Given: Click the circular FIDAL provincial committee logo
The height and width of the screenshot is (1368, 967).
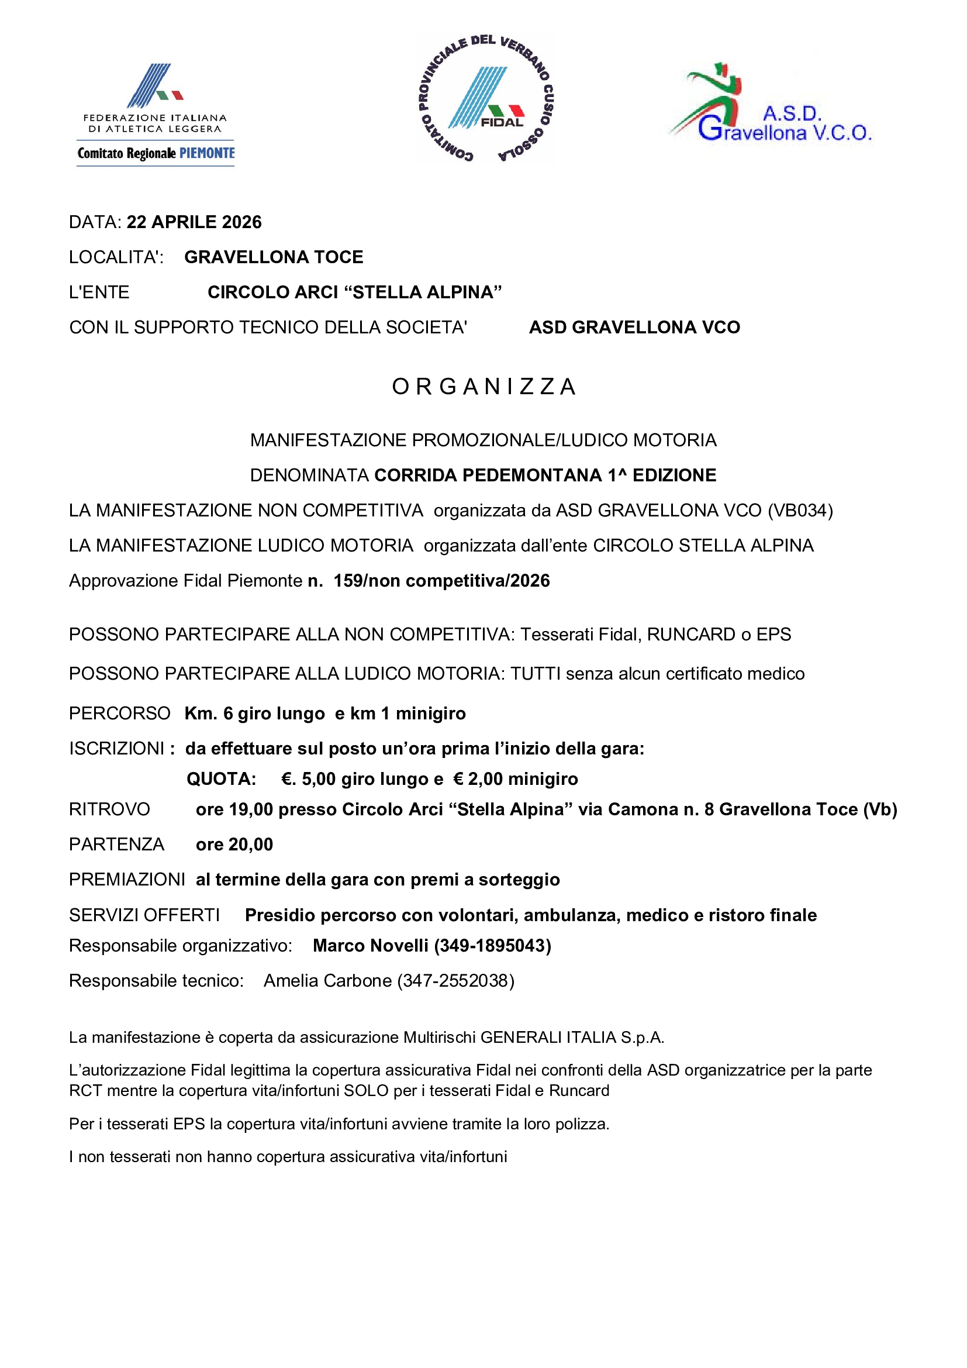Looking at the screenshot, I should pyautogui.click(x=485, y=99).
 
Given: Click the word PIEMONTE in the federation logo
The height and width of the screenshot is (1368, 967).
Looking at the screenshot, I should pyautogui.click(x=207, y=153).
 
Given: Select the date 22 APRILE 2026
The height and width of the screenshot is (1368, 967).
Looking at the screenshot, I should pyautogui.click(x=194, y=222).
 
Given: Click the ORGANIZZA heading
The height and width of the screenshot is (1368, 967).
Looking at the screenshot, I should pyautogui.click(x=483, y=387).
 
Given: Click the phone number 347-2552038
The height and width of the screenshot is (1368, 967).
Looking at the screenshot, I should pyautogui.click(x=455, y=981).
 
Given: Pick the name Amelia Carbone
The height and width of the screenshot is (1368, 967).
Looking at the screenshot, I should pyautogui.click(x=327, y=981).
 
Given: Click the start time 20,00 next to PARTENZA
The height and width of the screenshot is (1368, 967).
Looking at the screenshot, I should pyautogui.click(x=251, y=845).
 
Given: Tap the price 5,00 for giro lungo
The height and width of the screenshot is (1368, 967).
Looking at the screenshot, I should pyautogui.click(x=319, y=778).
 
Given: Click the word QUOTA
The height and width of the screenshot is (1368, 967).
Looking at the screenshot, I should pyautogui.click(x=222, y=778).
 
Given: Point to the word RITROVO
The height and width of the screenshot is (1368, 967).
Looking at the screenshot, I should pyautogui.click(x=109, y=809).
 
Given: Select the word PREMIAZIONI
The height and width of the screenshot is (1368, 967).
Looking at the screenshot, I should pyautogui.click(x=127, y=880).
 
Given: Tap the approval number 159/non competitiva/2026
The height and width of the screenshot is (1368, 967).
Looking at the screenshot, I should pyautogui.click(x=441, y=581).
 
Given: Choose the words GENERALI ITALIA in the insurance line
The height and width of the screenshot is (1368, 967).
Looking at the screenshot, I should pyautogui.click(x=548, y=1038).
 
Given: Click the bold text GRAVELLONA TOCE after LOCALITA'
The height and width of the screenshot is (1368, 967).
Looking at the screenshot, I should pyautogui.click(x=274, y=257).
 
